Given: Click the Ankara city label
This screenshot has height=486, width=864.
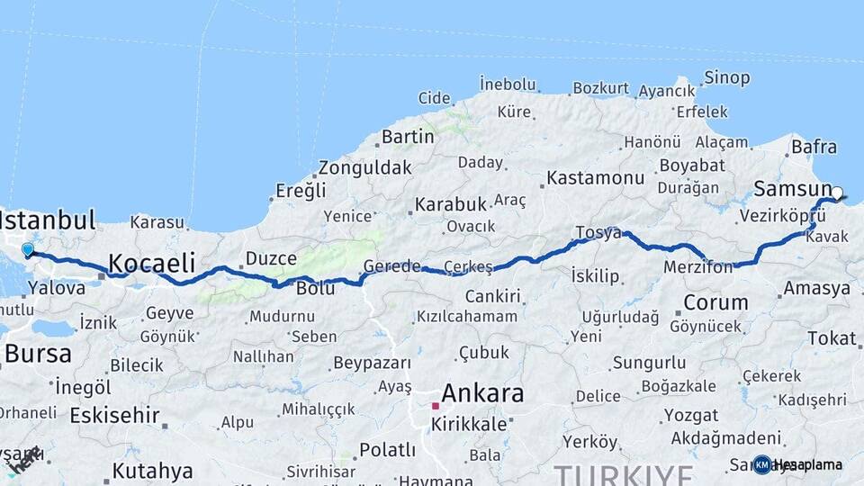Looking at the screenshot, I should (482, 393).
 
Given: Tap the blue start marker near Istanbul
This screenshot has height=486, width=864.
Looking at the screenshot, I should (28, 250).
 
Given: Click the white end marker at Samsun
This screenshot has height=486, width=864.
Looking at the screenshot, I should (837, 193).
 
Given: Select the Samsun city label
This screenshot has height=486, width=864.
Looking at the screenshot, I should (792, 189).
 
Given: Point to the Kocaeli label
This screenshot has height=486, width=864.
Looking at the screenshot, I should (152, 263).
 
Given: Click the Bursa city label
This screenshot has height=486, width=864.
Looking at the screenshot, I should (38, 354).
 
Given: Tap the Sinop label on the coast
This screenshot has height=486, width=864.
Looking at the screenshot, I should (726, 78).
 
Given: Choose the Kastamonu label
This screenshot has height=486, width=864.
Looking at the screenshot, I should (595, 177).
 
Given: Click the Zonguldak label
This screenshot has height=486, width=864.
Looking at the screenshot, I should (364, 167).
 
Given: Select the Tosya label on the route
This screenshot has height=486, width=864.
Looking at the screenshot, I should (598, 233).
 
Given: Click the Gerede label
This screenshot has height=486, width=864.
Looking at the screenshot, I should (391, 265).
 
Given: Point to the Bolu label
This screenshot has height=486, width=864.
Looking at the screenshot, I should (315, 288).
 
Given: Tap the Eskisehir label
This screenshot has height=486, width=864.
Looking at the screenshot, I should (114, 416).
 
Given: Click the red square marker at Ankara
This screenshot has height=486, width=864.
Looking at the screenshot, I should (435, 406).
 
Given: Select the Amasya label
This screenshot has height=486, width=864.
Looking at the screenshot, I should (816, 289).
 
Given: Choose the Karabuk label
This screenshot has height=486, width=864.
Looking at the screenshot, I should (450, 204).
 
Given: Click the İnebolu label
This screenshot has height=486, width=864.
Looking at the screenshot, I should (508, 84).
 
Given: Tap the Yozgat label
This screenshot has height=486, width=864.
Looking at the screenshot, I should (690, 416).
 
